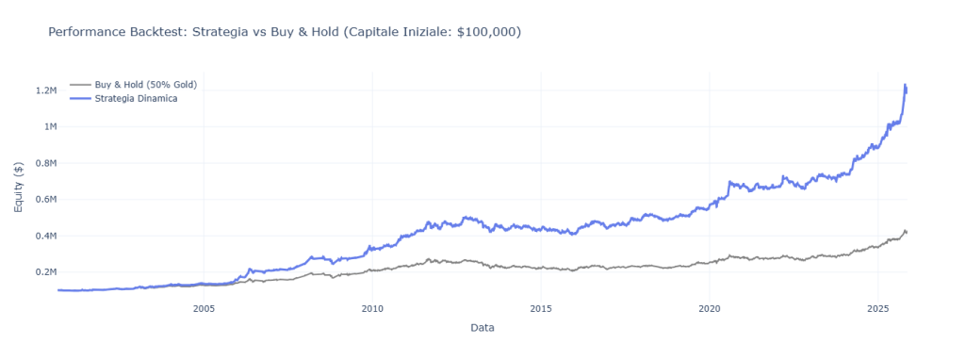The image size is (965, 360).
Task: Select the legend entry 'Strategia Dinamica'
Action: [x=136, y=98]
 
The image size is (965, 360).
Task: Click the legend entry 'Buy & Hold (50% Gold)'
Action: [x=145, y=85]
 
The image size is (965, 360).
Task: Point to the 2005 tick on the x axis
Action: [x=204, y=308]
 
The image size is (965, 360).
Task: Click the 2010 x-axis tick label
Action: [x=372, y=308]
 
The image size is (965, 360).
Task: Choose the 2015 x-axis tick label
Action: [x=541, y=308]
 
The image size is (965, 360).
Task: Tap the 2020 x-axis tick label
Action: [x=710, y=308]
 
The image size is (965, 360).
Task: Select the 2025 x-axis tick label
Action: [x=878, y=308]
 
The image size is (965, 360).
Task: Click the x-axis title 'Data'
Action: [x=482, y=328]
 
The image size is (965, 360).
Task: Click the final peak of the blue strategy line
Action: [x=906, y=86]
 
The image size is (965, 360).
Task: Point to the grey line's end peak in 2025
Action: [x=906, y=230]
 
